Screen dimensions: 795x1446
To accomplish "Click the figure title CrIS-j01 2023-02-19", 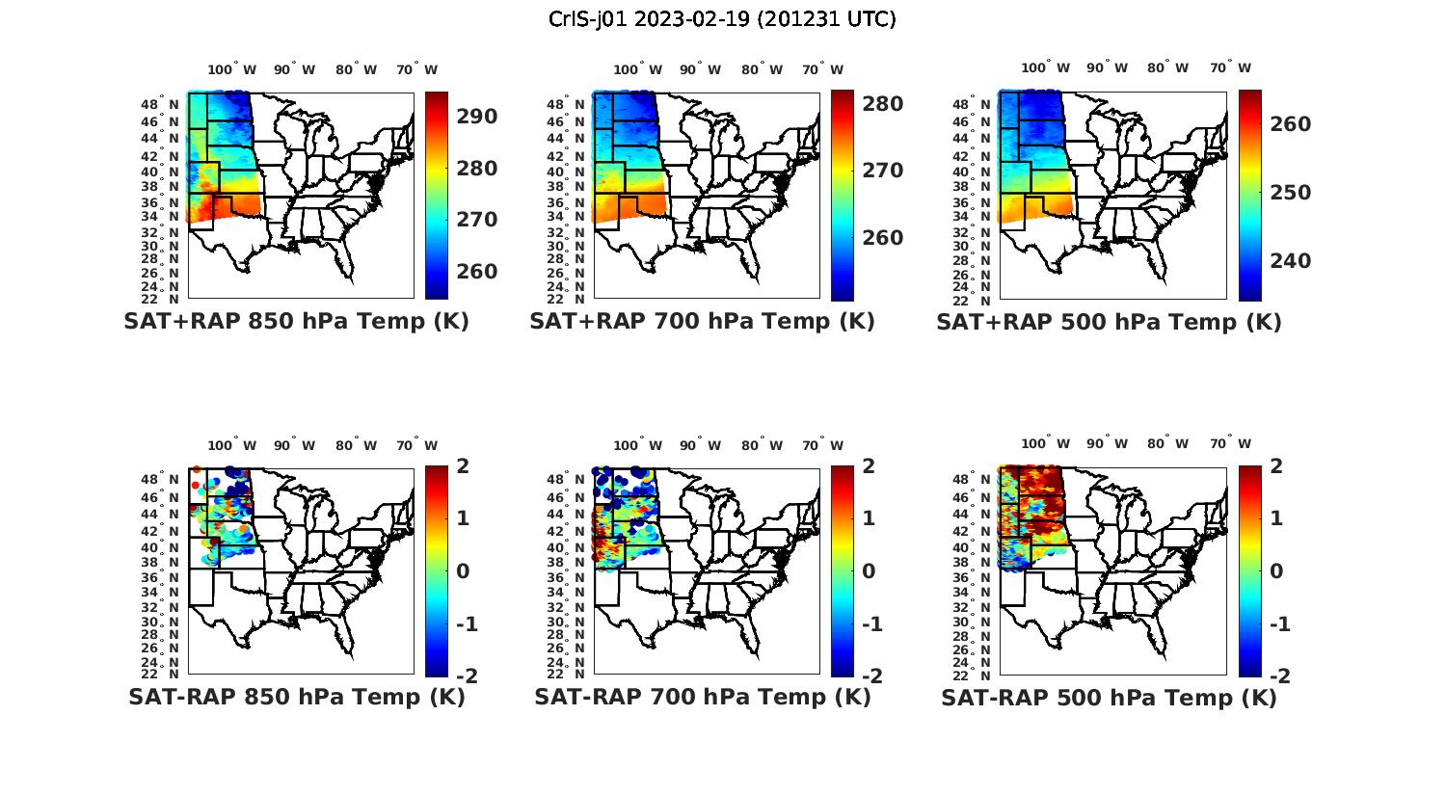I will (722, 18).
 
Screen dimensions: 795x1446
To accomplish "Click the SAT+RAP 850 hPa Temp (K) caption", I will (296, 321).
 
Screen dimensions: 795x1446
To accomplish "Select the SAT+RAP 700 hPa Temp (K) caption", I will (702, 321).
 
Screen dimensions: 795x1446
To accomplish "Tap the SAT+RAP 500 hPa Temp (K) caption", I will (1109, 322).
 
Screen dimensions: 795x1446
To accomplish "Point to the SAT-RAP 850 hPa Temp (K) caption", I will (296, 697).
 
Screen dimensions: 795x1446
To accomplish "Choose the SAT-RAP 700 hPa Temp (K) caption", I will (702, 697).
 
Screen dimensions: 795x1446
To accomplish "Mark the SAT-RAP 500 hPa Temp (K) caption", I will (1109, 698).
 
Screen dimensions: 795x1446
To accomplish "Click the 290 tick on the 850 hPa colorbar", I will (476, 117).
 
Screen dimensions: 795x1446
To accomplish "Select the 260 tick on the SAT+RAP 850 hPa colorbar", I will (476, 272).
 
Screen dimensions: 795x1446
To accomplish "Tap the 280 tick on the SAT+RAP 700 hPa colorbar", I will (882, 103).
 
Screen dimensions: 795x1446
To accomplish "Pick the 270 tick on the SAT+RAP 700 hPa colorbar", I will (882, 171).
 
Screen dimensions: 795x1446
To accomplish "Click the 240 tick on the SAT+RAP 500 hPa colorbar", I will (1290, 261).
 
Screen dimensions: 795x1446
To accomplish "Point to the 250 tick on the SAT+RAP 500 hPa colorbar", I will (1290, 193).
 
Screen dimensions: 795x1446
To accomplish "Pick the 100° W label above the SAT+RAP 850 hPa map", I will (232, 69).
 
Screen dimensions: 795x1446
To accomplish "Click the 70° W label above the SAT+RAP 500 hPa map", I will (1231, 67).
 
